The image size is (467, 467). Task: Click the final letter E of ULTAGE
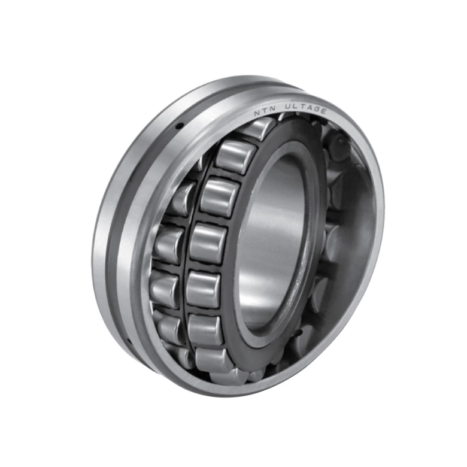pos(323,110)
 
